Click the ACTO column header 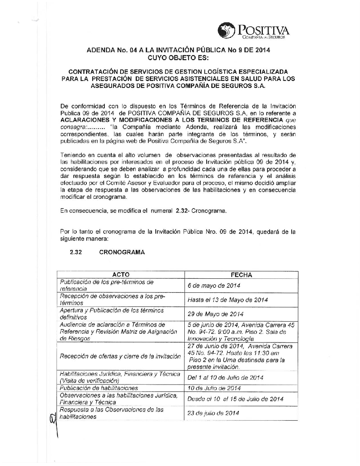pos(121,275)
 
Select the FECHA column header pos(241,275)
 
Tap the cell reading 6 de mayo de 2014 pos(214,286)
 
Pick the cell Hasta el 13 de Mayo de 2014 pos(228,300)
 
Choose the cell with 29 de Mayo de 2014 pos(215,314)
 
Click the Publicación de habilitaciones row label pos(99,388)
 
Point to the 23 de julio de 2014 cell pos(213,413)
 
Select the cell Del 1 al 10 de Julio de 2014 pos(225,377)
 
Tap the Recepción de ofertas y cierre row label pos(120,356)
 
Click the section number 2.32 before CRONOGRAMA pos(76,252)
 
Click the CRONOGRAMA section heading pos(122,252)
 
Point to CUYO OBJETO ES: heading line pos(178,57)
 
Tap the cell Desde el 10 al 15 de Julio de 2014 pos(235,399)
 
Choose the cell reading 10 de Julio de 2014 pos(214,388)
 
